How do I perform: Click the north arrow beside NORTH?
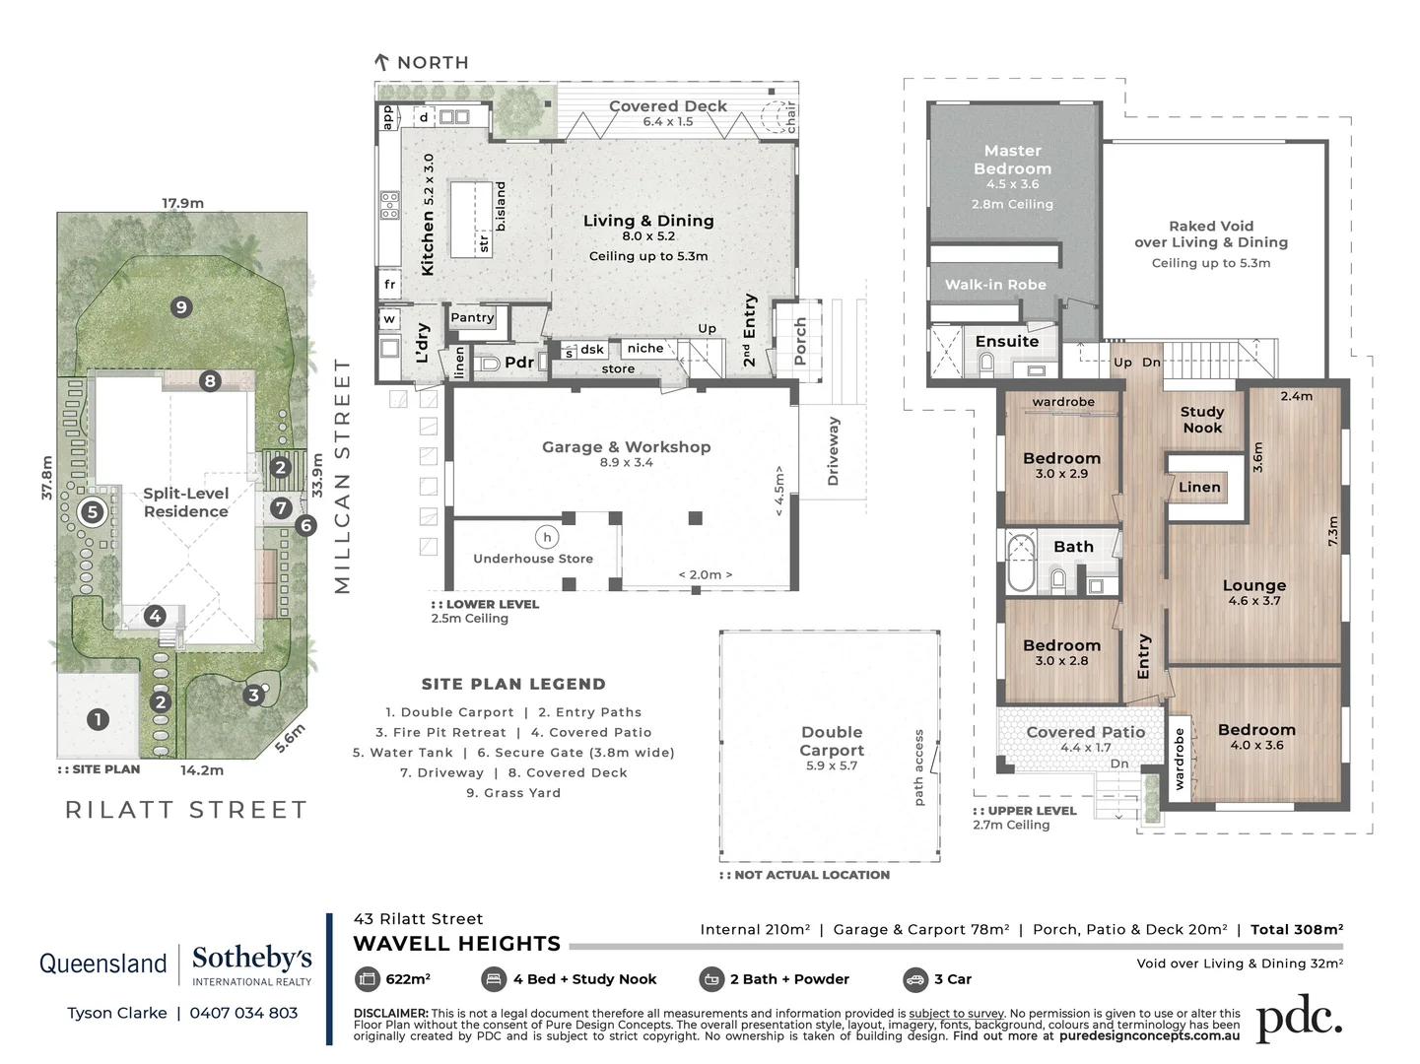click(382, 62)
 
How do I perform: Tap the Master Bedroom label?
click(1012, 160)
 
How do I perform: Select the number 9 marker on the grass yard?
click(180, 307)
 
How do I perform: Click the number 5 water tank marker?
click(93, 511)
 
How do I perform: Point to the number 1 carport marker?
click(98, 719)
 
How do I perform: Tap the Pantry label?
click(472, 317)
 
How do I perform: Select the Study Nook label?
click(1202, 420)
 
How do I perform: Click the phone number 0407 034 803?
click(243, 1013)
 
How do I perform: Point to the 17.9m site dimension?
click(182, 203)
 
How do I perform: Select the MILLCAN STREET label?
click(342, 476)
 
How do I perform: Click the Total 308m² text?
click(1296, 929)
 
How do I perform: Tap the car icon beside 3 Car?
click(914, 979)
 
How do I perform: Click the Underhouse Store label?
click(533, 559)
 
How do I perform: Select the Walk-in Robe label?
click(995, 285)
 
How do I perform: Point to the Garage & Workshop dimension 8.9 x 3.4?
click(626, 462)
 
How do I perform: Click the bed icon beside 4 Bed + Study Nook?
click(494, 979)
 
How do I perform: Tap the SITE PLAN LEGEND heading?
click(513, 684)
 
